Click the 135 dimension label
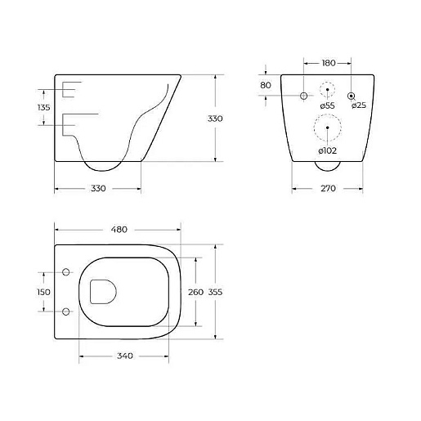click(x=44, y=107)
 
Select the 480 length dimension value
click(x=119, y=230)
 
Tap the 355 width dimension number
click(x=215, y=292)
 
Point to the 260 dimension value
click(x=195, y=292)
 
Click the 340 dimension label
click(x=125, y=356)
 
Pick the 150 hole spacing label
click(x=43, y=292)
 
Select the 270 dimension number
click(x=328, y=188)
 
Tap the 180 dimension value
click(x=329, y=63)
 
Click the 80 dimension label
click(x=266, y=85)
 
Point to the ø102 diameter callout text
click(x=328, y=150)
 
